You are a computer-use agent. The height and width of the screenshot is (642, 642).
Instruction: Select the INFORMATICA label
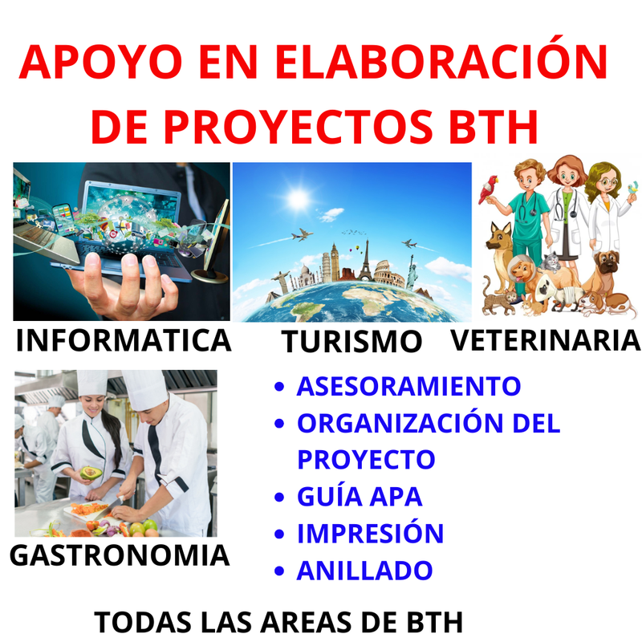point(124,340)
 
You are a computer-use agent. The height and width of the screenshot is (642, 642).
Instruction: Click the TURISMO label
point(351,342)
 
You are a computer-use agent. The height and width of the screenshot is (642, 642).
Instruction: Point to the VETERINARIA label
point(546,340)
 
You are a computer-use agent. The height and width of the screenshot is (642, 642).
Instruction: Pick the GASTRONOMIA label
point(120,555)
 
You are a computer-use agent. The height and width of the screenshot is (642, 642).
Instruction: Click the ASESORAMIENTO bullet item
point(408,386)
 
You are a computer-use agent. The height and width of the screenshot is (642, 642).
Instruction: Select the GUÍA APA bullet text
point(360,496)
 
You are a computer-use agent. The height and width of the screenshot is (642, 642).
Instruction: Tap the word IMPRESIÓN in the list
point(371,533)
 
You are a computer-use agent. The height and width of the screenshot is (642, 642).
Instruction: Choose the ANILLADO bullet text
point(365,571)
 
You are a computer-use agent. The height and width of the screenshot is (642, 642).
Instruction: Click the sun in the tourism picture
point(298,199)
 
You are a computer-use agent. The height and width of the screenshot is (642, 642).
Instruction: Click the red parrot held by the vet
point(489,189)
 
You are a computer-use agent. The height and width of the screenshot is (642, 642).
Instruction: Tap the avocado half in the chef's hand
point(91,473)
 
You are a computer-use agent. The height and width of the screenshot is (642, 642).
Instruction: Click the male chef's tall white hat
point(146,389)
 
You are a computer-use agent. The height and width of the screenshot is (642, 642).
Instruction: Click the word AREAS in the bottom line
point(306,623)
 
